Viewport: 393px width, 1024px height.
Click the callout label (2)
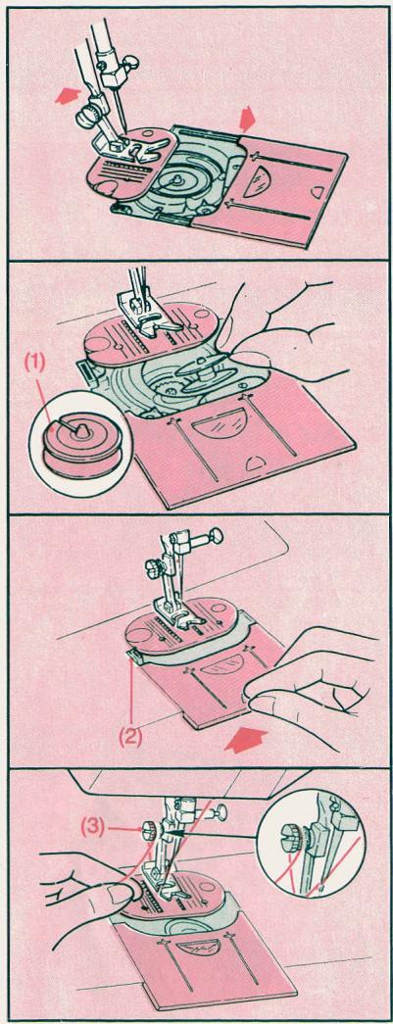click(x=130, y=737)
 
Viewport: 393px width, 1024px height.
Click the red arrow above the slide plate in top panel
click(x=248, y=120)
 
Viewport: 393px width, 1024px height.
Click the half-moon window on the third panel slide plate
click(x=220, y=664)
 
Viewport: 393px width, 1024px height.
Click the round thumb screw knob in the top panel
click(x=85, y=117)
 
